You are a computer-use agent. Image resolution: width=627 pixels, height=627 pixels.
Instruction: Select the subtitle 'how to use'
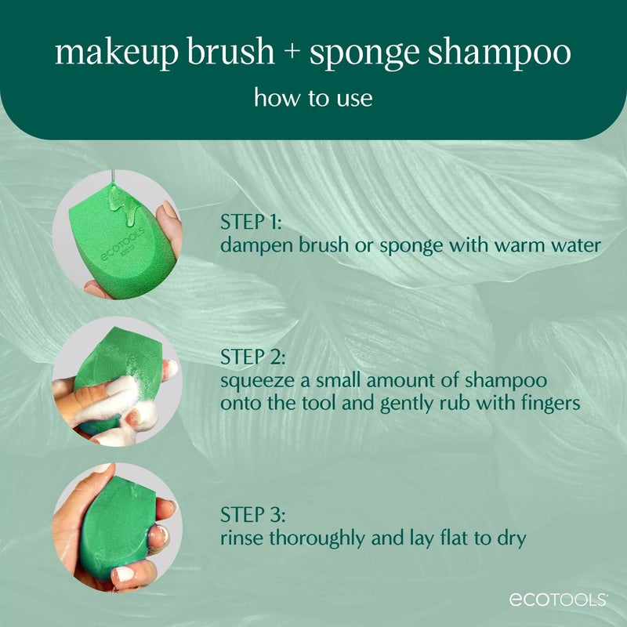pyautogui.click(x=313, y=99)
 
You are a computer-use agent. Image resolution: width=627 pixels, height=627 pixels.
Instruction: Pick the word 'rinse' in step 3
pyautogui.click(x=240, y=538)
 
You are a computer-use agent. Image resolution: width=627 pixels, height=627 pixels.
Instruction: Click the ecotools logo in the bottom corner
pyautogui.click(x=558, y=600)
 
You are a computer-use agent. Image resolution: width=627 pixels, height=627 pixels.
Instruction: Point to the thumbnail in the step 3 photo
pyautogui.click(x=124, y=574)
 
